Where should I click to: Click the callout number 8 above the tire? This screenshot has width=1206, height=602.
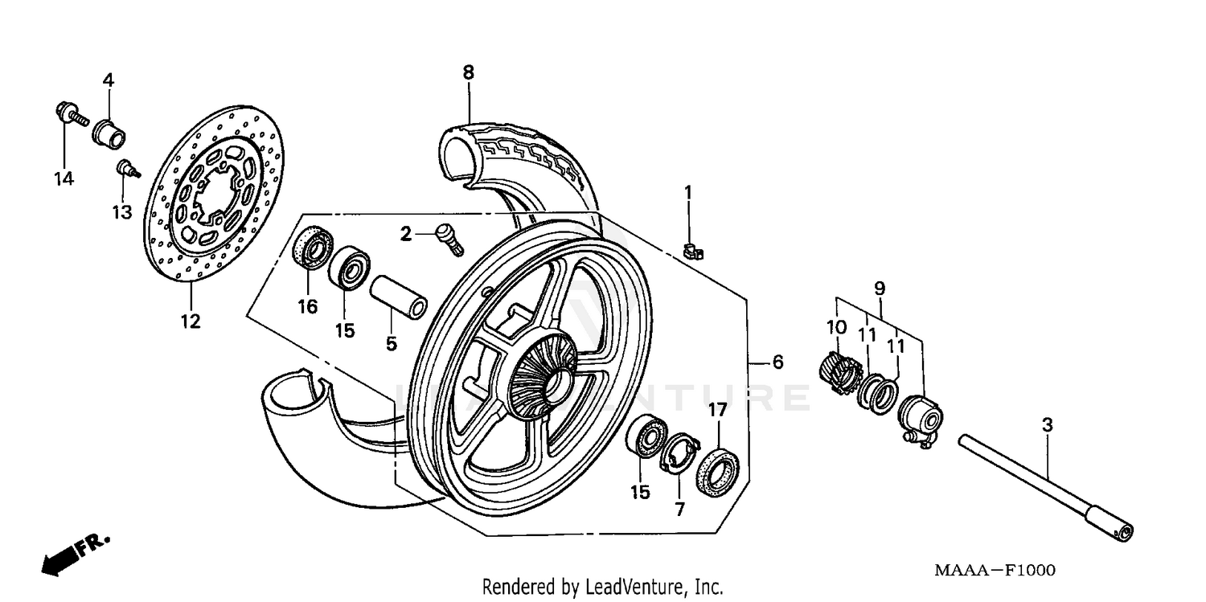pos(468,72)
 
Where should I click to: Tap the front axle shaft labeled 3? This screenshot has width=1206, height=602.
pos(1045,482)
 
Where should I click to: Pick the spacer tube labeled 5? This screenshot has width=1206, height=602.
pos(398,297)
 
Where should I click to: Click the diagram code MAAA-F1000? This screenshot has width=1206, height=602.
pos(994,571)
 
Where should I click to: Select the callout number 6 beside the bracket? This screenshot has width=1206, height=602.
pos(777,362)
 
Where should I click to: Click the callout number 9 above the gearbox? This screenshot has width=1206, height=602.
pos(879,287)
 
